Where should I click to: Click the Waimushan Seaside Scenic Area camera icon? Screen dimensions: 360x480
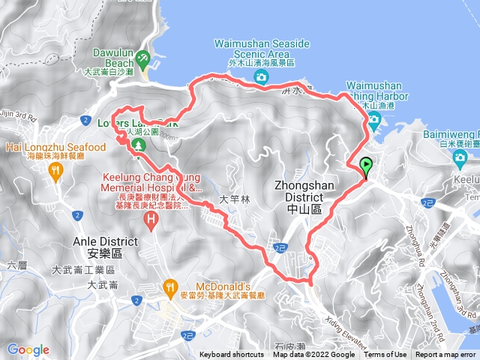click(260, 76)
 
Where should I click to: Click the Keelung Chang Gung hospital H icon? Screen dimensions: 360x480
click(151, 219)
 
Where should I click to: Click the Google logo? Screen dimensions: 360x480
click(28, 349)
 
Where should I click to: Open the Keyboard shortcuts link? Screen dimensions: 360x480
click(231, 355)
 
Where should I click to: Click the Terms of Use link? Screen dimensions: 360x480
click(385, 355)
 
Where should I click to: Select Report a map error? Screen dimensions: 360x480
click(447, 355)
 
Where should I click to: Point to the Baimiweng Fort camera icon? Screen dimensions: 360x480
click(460, 157)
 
